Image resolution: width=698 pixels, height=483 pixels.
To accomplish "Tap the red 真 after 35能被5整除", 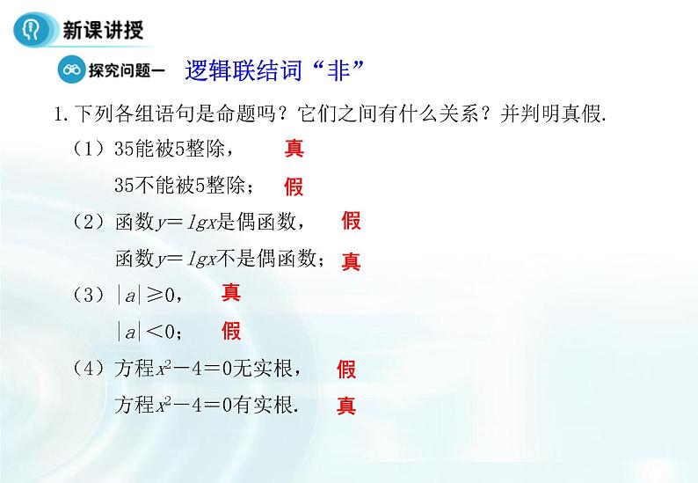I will [294, 148].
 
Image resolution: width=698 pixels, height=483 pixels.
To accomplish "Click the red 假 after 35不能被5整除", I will [294, 187].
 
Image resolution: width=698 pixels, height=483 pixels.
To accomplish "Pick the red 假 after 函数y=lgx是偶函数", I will [352, 221].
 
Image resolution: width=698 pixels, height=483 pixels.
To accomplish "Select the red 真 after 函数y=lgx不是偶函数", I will [352, 260].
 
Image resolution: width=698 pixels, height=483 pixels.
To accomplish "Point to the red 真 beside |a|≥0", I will [231, 292].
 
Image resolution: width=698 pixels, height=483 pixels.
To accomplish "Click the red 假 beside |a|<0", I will [231, 331].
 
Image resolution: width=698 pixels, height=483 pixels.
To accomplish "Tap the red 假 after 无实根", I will [347, 369].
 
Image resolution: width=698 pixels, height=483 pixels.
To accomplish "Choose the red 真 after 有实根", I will [347, 406].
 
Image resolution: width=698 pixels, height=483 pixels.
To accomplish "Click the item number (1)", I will [89, 149].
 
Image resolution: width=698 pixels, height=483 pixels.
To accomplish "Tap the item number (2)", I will [89, 222].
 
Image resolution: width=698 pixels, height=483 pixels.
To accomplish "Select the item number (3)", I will [89, 294].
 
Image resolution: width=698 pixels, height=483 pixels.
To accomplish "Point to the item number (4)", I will [89, 368].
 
